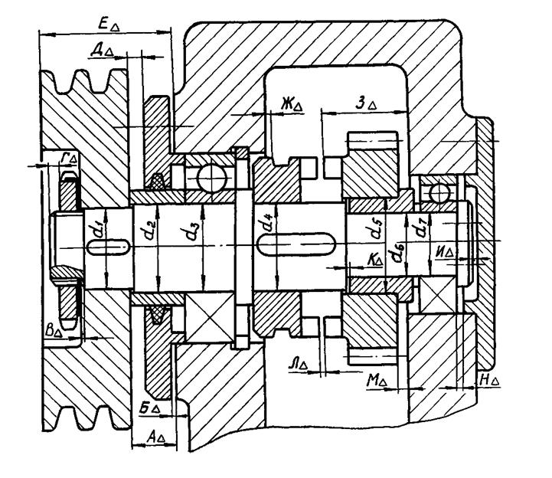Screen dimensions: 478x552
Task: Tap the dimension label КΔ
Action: pos(374,260)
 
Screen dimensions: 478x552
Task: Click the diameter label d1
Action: pos(94,230)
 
